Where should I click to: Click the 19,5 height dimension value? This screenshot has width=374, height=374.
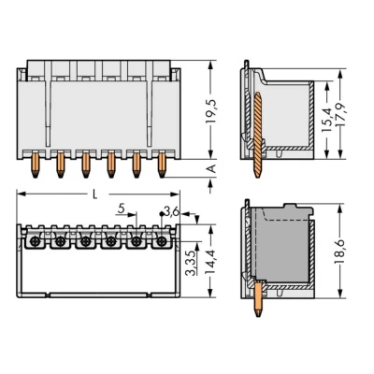(211, 111)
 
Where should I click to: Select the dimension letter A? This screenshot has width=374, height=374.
(211, 168)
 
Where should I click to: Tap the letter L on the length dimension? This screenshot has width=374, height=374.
(95, 194)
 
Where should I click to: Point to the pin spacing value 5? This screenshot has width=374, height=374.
(122, 209)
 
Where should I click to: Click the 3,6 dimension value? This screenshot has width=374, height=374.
(172, 212)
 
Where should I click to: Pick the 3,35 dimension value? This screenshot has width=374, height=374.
(191, 263)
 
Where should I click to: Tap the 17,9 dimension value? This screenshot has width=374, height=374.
(341, 114)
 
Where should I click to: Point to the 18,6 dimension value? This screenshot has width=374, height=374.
(339, 252)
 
